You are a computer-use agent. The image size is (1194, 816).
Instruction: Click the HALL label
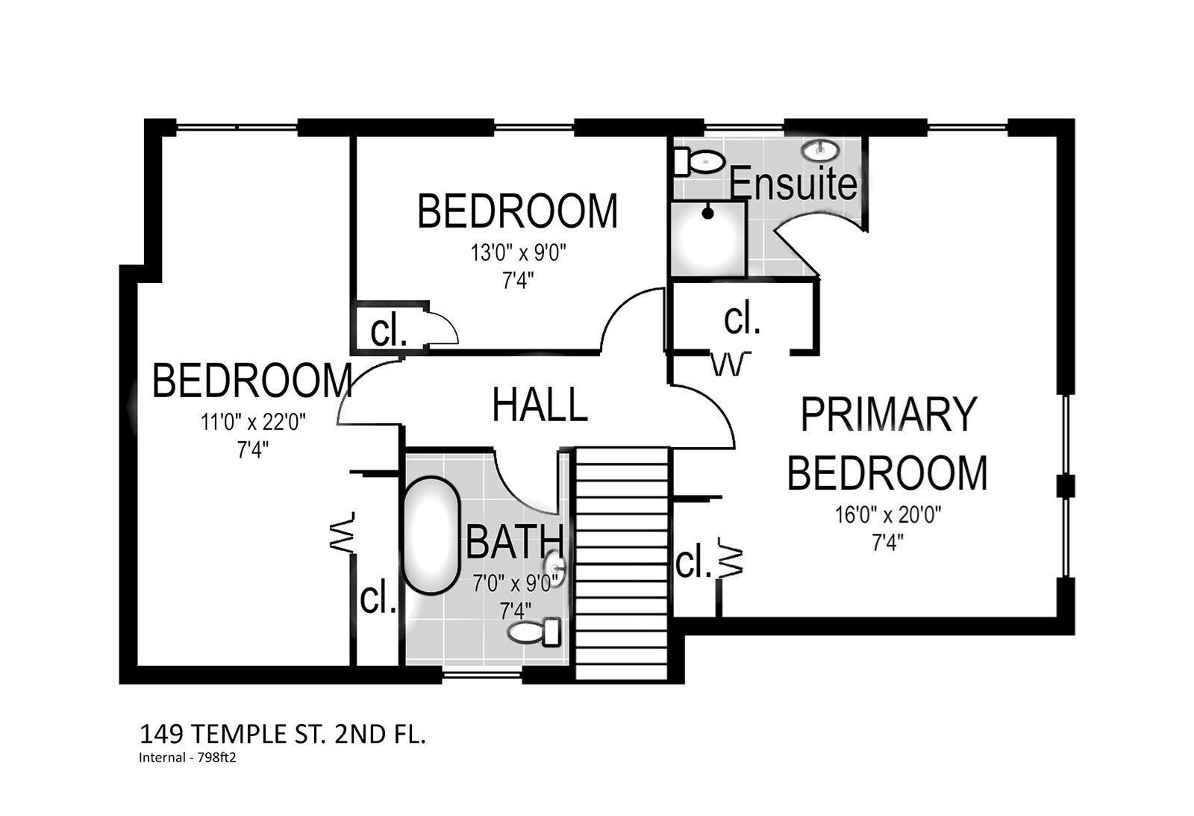[x=540, y=405]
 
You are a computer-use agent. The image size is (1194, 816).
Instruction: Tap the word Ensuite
[x=793, y=182]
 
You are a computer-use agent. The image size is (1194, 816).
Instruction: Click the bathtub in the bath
[x=431, y=535]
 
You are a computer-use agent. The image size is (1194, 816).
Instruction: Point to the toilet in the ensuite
[x=698, y=161]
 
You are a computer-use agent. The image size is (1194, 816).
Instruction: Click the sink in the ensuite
[x=820, y=150]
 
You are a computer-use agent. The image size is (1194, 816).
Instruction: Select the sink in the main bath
[x=554, y=569]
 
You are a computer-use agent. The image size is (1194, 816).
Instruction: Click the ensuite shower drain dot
[x=707, y=214]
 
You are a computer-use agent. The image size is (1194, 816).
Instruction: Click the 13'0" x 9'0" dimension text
[x=518, y=253]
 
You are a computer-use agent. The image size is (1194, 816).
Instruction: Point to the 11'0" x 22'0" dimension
[x=253, y=423]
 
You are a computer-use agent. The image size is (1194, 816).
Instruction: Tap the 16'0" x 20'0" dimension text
[x=888, y=514]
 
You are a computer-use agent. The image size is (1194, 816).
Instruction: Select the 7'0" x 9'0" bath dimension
[x=515, y=584]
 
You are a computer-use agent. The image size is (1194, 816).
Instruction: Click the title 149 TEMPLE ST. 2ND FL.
[x=283, y=735]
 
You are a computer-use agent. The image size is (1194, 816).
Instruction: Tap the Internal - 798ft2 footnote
[x=187, y=757]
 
